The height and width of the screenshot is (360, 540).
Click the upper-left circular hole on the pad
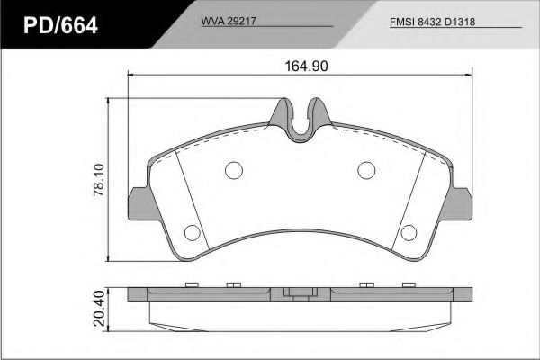point(233,169)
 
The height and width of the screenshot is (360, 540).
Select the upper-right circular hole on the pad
point(366,169)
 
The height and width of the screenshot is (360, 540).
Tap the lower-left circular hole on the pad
point(192,232)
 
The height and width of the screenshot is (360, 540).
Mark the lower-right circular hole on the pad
point(408,232)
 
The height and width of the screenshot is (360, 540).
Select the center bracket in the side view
point(300,293)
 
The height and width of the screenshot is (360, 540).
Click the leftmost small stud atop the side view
point(190,285)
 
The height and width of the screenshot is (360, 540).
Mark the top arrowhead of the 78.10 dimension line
point(110,100)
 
